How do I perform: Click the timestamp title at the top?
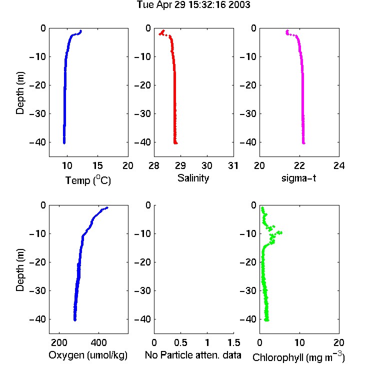pos(193,5)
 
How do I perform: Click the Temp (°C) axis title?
pos(88,180)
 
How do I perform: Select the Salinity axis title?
pos(193,178)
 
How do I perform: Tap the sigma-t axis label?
pos(298,178)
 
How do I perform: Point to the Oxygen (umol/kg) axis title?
pos(88,355)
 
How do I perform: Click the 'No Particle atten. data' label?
pos(193,355)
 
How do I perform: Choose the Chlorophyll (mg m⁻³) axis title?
pos(298,357)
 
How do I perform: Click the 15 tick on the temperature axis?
pos(97,165)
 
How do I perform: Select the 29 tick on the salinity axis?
pos(180,165)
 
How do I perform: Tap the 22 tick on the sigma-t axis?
pos(299,165)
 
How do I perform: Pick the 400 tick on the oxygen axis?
pos(98,342)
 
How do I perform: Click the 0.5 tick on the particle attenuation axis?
pos(180,342)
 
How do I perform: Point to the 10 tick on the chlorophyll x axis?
pos(299,342)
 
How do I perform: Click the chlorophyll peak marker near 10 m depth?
pos(281,232)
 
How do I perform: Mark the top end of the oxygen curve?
pos(107,207)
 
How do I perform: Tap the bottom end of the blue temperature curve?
pos(64,143)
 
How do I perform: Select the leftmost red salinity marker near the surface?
pos(160,34)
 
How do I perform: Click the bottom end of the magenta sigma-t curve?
pos(303,143)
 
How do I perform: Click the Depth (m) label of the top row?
pos(20,93)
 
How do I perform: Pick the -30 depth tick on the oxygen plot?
pos(37,290)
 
